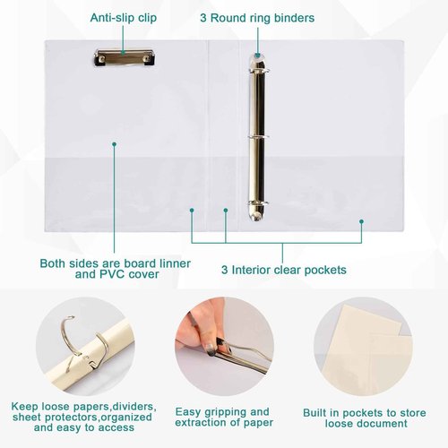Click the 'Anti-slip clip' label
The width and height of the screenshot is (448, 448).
(x=124, y=18)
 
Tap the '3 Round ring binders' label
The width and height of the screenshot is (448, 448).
(x=257, y=18)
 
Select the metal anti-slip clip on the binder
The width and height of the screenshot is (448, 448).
(x=125, y=58)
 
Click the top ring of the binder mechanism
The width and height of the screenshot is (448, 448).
(x=258, y=71)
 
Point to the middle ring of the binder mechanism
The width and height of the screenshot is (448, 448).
(x=258, y=137)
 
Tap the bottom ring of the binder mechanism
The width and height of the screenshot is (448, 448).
(x=258, y=203)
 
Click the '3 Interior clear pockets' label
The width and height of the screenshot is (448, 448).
(x=284, y=270)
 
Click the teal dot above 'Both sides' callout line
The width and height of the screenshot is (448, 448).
(x=114, y=144)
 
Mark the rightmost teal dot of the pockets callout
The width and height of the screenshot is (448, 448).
(x=361, y=221)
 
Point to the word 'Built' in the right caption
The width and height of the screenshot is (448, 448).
(x=314, y=413)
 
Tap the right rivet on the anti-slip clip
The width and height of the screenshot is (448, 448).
(x=147, y=58)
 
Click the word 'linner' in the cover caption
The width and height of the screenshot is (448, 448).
(x=175, y=263)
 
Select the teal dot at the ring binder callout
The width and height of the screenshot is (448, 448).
(x=257, y=56)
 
